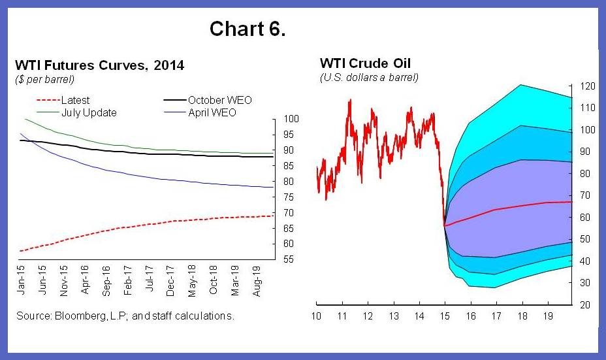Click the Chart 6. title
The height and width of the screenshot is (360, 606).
coord(247,29)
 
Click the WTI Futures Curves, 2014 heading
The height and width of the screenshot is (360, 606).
coord(99,65)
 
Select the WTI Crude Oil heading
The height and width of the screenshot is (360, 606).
coord(365,63)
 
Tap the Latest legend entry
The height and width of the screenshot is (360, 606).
coord(75,100)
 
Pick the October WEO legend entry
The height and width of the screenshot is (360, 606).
coord(219,100)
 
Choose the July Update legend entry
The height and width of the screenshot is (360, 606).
coord(89,112)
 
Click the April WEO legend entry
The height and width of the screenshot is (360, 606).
coord(212,112)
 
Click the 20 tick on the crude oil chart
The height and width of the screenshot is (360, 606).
coord(585,305)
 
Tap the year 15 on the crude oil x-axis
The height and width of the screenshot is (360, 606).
coord(444,317)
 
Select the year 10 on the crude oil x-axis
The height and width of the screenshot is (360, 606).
coord(316,317)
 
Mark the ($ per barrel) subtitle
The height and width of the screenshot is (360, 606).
coord(44,79)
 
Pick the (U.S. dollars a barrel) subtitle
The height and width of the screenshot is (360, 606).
coord(369,77)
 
